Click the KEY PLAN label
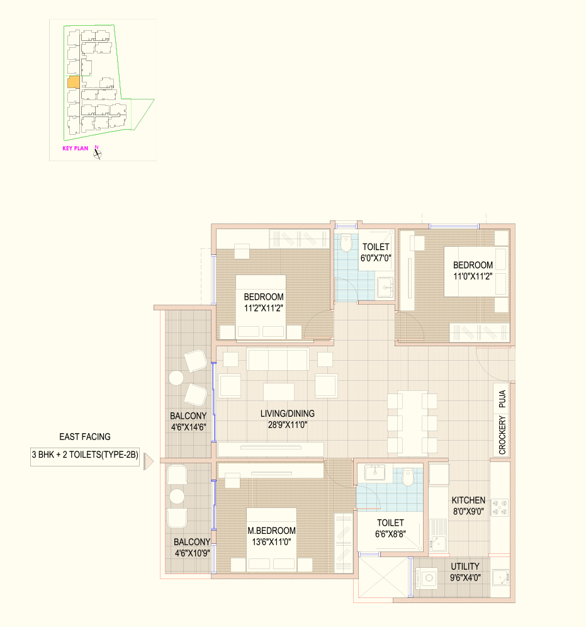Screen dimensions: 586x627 75,149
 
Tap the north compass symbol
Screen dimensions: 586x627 97,153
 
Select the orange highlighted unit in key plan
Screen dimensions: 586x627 74,82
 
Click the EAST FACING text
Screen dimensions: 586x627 85,437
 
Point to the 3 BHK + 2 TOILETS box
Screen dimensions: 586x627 85,455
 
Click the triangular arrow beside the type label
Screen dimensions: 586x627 149,461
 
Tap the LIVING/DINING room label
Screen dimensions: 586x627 288,414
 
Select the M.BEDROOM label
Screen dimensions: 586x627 271,531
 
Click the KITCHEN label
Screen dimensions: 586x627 468,500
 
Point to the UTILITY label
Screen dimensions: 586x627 465,567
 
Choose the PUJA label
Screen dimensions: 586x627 502,398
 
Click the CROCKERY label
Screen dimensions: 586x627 502,435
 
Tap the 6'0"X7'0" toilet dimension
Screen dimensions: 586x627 376,258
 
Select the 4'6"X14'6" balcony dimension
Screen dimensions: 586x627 189,427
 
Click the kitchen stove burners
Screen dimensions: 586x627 499,507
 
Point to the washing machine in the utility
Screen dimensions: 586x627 427,579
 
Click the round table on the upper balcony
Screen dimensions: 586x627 176,378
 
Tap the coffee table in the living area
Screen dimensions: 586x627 279,392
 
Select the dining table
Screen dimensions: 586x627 412,424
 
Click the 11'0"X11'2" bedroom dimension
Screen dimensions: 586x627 473,276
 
